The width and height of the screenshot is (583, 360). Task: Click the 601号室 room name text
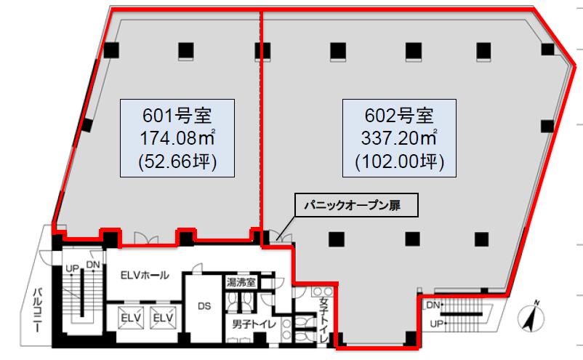pyautogui.click(x=177, y=116)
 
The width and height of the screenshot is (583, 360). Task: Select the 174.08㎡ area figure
pyautogui.click(x=177, y=138)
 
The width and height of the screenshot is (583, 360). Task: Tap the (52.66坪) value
pyautogui.click(x=177, y=161)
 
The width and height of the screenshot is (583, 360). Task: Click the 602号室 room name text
pyautogui.click(x=399, y=116)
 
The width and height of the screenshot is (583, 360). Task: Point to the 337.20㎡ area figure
pyautogui.click(x=399, y=138)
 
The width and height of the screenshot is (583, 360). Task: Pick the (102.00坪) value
pyautogui.click(x=399, y=161)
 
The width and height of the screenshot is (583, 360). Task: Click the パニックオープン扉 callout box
pyautogui.click(x=357, y=204)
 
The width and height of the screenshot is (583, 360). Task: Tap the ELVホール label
pyautogui.click(x=145, y=275)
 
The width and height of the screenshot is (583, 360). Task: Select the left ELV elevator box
pyautogui.click(x=131, y=318)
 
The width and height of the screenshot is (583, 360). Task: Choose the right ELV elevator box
pyautogui.click(x=163, y=318)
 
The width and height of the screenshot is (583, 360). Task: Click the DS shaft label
pyautogui.click(x=204, y=306)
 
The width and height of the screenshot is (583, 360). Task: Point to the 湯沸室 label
pyautogui.click(x=241, y=283)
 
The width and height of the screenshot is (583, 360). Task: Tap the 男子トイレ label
pyautogui.click(x=254, y=324)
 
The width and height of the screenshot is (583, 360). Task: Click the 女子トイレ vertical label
pyautogui.click(x=323, y=321)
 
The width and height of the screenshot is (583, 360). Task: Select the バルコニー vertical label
pyautogui.click(x=38, y=310)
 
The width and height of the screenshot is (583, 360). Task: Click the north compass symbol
pyautogui.click(x=531, y=317)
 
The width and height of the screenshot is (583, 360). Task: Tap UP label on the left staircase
pyautogui.click(x=72, y=268)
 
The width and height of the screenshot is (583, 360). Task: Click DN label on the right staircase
pyautogui.click(x=433, y=305)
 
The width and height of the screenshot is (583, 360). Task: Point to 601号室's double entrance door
pyautogui.click(x=146, y=239)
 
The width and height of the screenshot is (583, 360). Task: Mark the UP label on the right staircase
pyautogui.click(x=436, y=324)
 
